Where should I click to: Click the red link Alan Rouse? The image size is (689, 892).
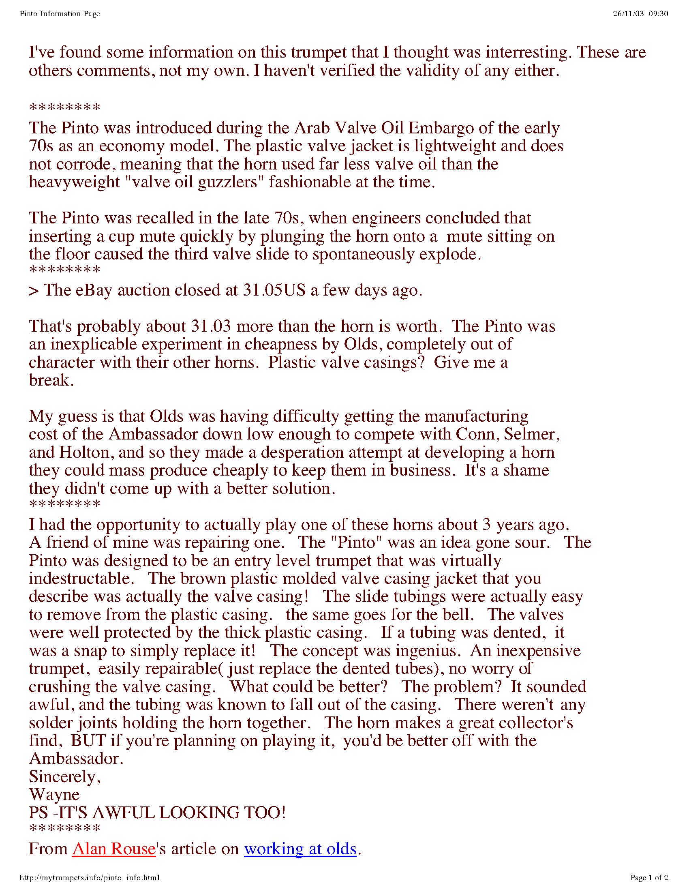coord(114,849)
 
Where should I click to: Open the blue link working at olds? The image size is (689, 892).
coord(300,849)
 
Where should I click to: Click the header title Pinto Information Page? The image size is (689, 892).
coord(60,14)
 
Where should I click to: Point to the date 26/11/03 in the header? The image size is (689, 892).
coord(628,14)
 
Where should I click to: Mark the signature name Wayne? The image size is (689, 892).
coord(54,795)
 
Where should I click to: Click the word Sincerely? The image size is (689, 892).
coord(64,776)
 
